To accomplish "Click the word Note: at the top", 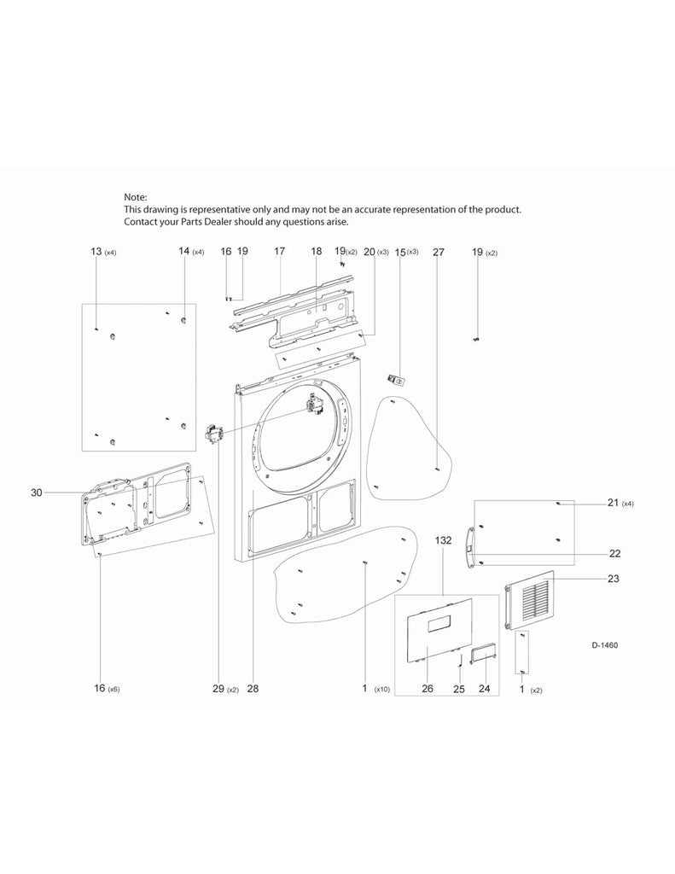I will pos(136,196).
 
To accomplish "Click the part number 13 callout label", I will pos(96,252).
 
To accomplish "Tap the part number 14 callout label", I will pos(184,252).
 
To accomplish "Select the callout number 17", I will pos(279,252).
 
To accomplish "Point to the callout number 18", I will pos(317,252).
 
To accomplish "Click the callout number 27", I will pos(439,252).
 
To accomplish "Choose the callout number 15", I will pos(400,252).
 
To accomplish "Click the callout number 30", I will pos(36,492).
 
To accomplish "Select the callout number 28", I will pos(253,689).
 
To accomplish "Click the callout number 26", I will pos(428,689).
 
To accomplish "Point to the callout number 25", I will pos(458,689).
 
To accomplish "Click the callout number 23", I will pos(614,578).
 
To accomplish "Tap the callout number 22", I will pos(614,553).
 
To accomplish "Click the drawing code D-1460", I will pos(604,645).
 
